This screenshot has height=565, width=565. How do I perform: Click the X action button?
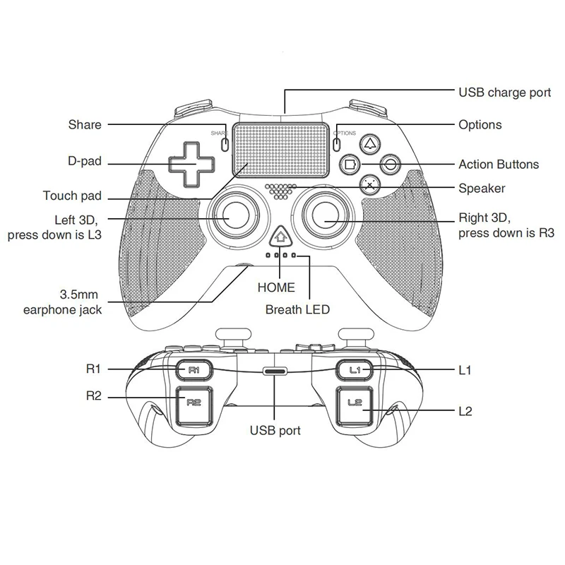369,185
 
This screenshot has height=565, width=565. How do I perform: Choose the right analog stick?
327,216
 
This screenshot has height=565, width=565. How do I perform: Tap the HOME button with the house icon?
281,237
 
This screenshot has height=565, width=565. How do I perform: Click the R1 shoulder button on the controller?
194,369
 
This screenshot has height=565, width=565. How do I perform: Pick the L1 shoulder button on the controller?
355,369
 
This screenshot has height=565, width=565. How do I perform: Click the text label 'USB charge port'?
505,93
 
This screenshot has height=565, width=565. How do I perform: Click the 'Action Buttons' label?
499,165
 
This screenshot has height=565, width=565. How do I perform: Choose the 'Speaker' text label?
482,188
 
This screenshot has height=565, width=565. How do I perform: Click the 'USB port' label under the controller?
275,430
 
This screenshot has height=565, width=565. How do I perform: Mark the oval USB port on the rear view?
275,371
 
